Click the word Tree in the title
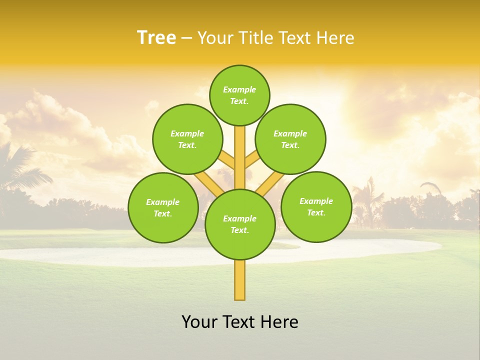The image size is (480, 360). pos(156,37)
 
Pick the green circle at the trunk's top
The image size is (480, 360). pos(239,95)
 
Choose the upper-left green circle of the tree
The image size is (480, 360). pos(187,139)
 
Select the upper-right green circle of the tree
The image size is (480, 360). pos(290,139)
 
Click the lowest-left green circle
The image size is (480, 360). pos(163,207)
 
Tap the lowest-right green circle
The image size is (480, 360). pos(316,206)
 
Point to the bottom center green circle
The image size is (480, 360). pos(240,224)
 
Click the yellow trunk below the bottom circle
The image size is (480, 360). pos(240,280)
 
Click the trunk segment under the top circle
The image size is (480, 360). pos(240,150)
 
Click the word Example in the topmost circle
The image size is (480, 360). pos(239,89)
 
